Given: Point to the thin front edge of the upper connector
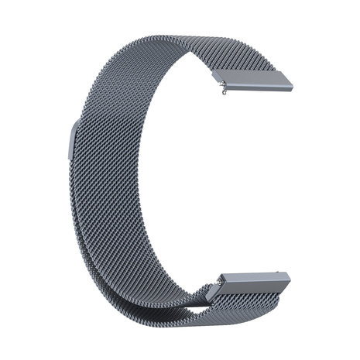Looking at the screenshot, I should pos(255,86).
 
